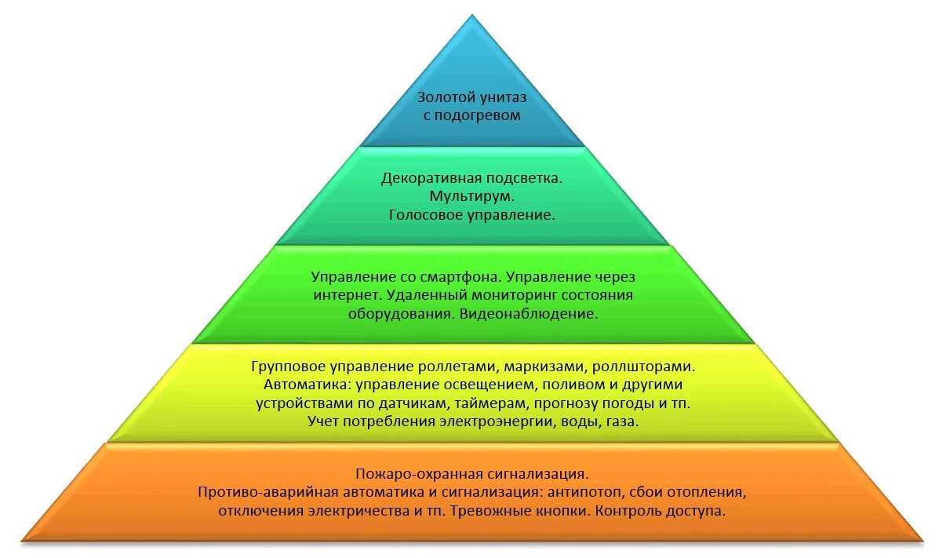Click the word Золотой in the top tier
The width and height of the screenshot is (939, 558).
click(x=443, y=98)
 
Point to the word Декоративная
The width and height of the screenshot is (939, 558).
click(x=430, y=178)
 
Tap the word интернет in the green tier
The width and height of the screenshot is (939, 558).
click(x=346, y=296)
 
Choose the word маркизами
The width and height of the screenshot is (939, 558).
click(x=544, y=367)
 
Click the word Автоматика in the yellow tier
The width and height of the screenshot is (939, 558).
click(x=303, y=385)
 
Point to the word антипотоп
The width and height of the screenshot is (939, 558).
click(x=581, y=492)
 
